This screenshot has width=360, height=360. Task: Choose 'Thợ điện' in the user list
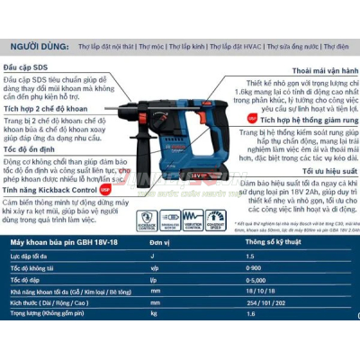point(336,44)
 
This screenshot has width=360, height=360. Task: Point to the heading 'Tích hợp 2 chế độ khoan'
point(47,108)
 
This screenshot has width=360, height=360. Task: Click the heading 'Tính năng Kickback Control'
point(49,191)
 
